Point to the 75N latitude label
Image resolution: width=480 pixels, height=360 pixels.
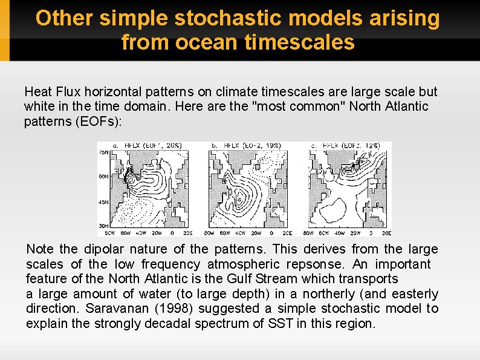pos(103,152)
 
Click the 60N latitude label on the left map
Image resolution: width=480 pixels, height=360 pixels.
pos(103,177)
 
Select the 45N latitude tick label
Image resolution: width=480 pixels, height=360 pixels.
pos(103,201)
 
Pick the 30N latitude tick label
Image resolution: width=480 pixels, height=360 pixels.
pos(103,225)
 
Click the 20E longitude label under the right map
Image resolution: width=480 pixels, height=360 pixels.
pos(386,232)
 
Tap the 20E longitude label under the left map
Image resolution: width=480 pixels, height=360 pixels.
pos(187,232)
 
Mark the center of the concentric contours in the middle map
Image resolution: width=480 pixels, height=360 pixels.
pos(240,197)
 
